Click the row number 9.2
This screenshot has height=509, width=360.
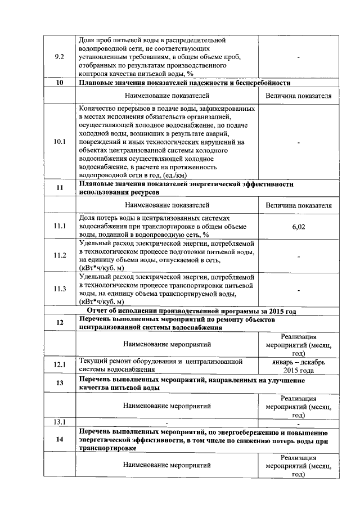coord(58,57)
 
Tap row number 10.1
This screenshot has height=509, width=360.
coord(58,142)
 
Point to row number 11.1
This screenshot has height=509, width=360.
coord(58,227)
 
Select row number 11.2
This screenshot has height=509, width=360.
coord(58,255)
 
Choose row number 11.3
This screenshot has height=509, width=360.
coord(58,289)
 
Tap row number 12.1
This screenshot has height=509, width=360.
coord(58,365)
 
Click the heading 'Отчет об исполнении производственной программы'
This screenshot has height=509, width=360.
coord(191,311)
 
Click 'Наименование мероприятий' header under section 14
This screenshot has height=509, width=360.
coord(167,466)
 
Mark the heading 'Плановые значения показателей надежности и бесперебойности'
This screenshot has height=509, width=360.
coord(185,83)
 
